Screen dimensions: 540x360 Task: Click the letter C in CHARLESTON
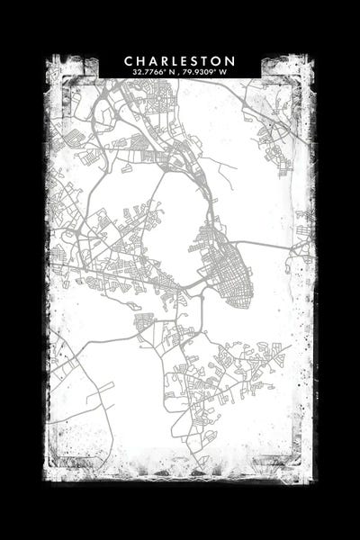point(129,60)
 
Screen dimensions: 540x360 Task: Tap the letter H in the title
point(141,60)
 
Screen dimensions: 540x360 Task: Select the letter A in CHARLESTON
point(155,60)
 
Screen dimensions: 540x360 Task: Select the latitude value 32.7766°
point(148,72)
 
